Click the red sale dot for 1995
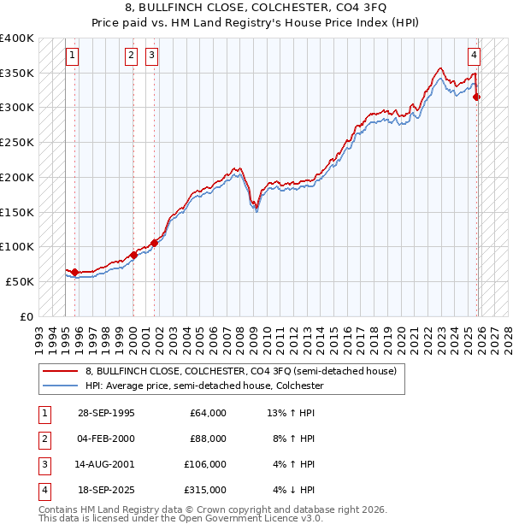pos(75,272)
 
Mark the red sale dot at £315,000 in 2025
pos(477,97)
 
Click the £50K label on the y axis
pos(20,281)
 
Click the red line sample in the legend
pos(60,372)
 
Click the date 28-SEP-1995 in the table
pos(106,413)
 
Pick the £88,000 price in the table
pos(208,439)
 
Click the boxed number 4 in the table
pos(43,490)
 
